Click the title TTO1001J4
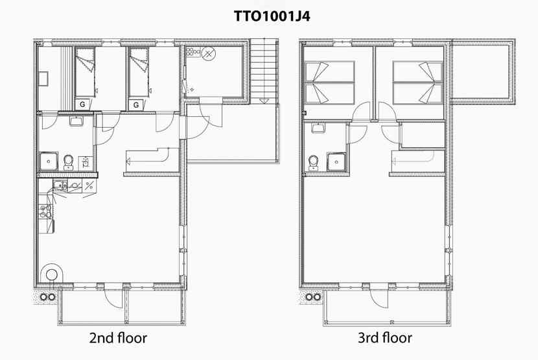point(272,16)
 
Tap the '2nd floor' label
point(118,338)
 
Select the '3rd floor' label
point(384,338)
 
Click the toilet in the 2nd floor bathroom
point(69,162)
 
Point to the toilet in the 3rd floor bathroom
point(314,163)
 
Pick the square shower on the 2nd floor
point(49,162)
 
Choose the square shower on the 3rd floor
point(336,162)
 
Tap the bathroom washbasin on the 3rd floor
point(318,128)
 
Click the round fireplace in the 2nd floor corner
point(51,274)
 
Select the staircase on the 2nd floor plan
point(264,71)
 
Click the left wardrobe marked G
point(82,104)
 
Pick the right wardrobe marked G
point(136,105)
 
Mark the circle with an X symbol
point(207,53)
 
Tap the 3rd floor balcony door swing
point(379,298)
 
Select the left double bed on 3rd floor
point(329,83)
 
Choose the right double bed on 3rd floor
point(417,83)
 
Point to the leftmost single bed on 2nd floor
point(85,72)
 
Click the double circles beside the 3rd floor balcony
point(313,297)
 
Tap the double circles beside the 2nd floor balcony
point(48,297)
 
